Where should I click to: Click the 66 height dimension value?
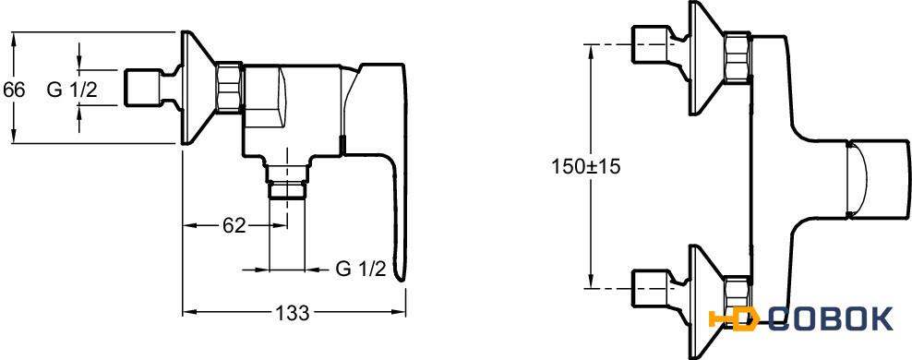[x=14, y=90]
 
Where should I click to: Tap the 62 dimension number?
[x=234, y=225]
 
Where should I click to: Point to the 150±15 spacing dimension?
[x=586, y=167]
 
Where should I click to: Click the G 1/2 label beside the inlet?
[x=72, y=90]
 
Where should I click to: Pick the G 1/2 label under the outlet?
[x=361, y=269]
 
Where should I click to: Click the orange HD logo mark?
[x=734, y=319]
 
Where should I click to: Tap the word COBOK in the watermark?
[x=830, y=319]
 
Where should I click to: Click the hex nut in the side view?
[x=229, y=88]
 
